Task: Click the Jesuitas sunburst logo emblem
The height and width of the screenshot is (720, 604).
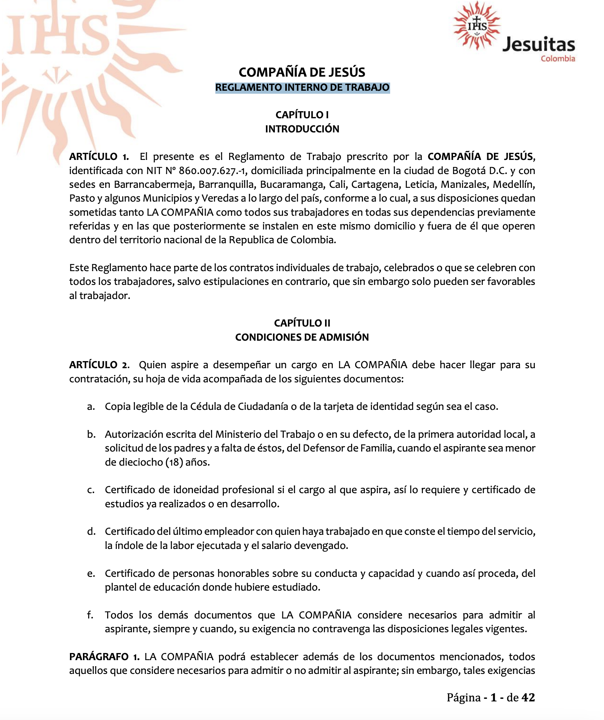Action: click(x=477, y=26)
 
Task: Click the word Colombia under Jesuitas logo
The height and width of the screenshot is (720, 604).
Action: click(x=558, y=59)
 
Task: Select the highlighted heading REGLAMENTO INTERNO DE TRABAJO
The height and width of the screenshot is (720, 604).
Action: click(x=302, y=88)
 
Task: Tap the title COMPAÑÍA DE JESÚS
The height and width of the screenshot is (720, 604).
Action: click(x=302, y=72)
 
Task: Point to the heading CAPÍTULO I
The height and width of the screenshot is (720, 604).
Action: click(x=302, y=115)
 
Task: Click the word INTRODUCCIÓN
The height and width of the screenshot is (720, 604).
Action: click(x=302, y=129)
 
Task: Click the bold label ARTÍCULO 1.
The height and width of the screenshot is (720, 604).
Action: click(x=99, y=157)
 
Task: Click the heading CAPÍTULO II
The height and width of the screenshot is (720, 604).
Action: click(x=302, y=323)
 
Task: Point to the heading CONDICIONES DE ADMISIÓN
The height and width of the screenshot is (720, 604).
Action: click(x=302, y=337)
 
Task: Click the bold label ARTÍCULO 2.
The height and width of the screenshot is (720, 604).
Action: click(x=99, y=365)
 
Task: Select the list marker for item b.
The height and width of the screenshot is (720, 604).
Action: click(x=91, y=434)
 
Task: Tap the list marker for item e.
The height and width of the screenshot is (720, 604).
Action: click(x=91, y=573)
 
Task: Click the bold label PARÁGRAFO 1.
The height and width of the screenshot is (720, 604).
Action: click(x=104, y=657)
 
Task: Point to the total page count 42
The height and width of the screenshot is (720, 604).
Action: click(x=528, y=697)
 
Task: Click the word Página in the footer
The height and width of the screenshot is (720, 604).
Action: click(x=463, y=697)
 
